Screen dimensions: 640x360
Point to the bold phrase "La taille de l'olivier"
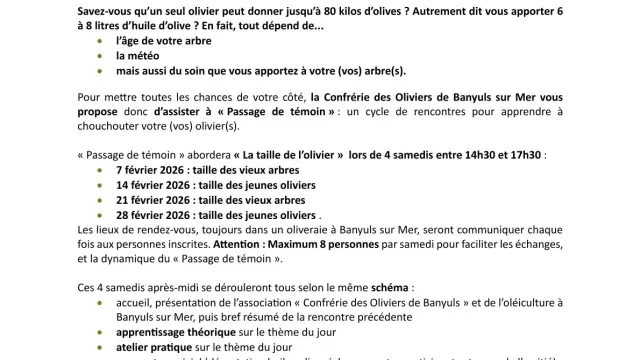pyautogui.click(x=290, y=157)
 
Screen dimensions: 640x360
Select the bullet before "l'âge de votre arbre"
pyautogui.click(x=100, y=43)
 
